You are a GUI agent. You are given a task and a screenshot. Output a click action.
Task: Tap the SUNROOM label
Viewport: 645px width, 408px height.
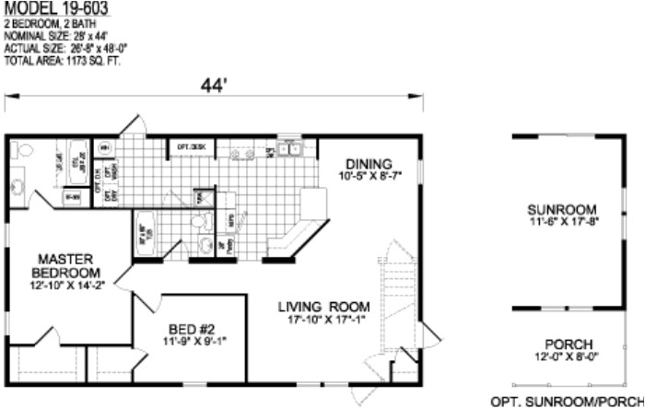[x=569, y=209]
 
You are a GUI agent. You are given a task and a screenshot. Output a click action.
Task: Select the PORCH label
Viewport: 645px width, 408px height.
[x=569, y=344]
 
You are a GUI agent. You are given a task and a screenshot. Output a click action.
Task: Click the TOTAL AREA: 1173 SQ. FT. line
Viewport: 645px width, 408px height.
[x=63, y=61]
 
